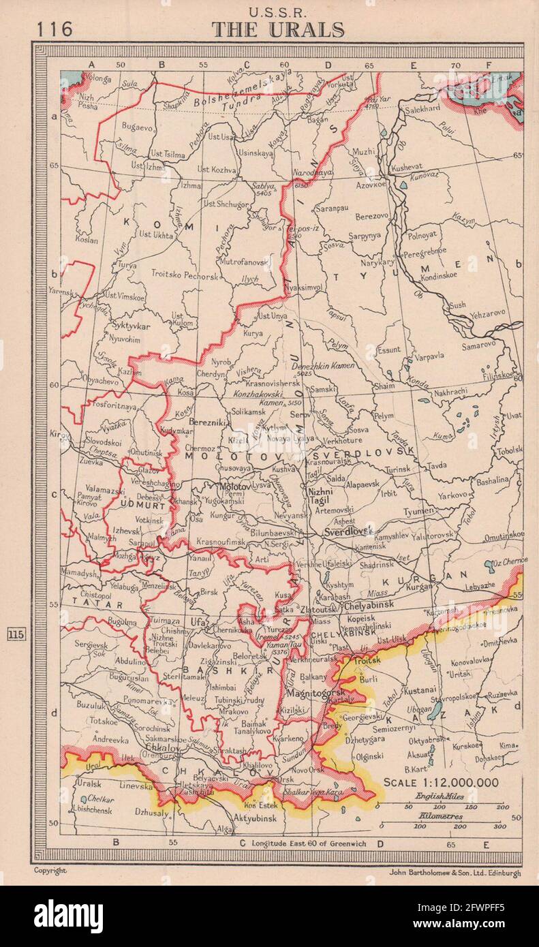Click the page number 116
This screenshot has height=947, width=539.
click(x=56, y=29)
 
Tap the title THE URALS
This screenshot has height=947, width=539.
click(x=277, y=30)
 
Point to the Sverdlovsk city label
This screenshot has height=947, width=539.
click(x=348, y=530)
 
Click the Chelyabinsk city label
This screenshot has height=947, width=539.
click(x=369, y=605)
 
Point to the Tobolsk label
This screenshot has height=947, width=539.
click(x=508, y=450)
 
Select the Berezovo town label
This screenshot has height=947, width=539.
click(x=371, y=215)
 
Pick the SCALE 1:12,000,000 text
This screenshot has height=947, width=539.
click(x=440, y=782)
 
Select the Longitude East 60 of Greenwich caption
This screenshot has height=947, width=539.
click(x=308, y=843)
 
